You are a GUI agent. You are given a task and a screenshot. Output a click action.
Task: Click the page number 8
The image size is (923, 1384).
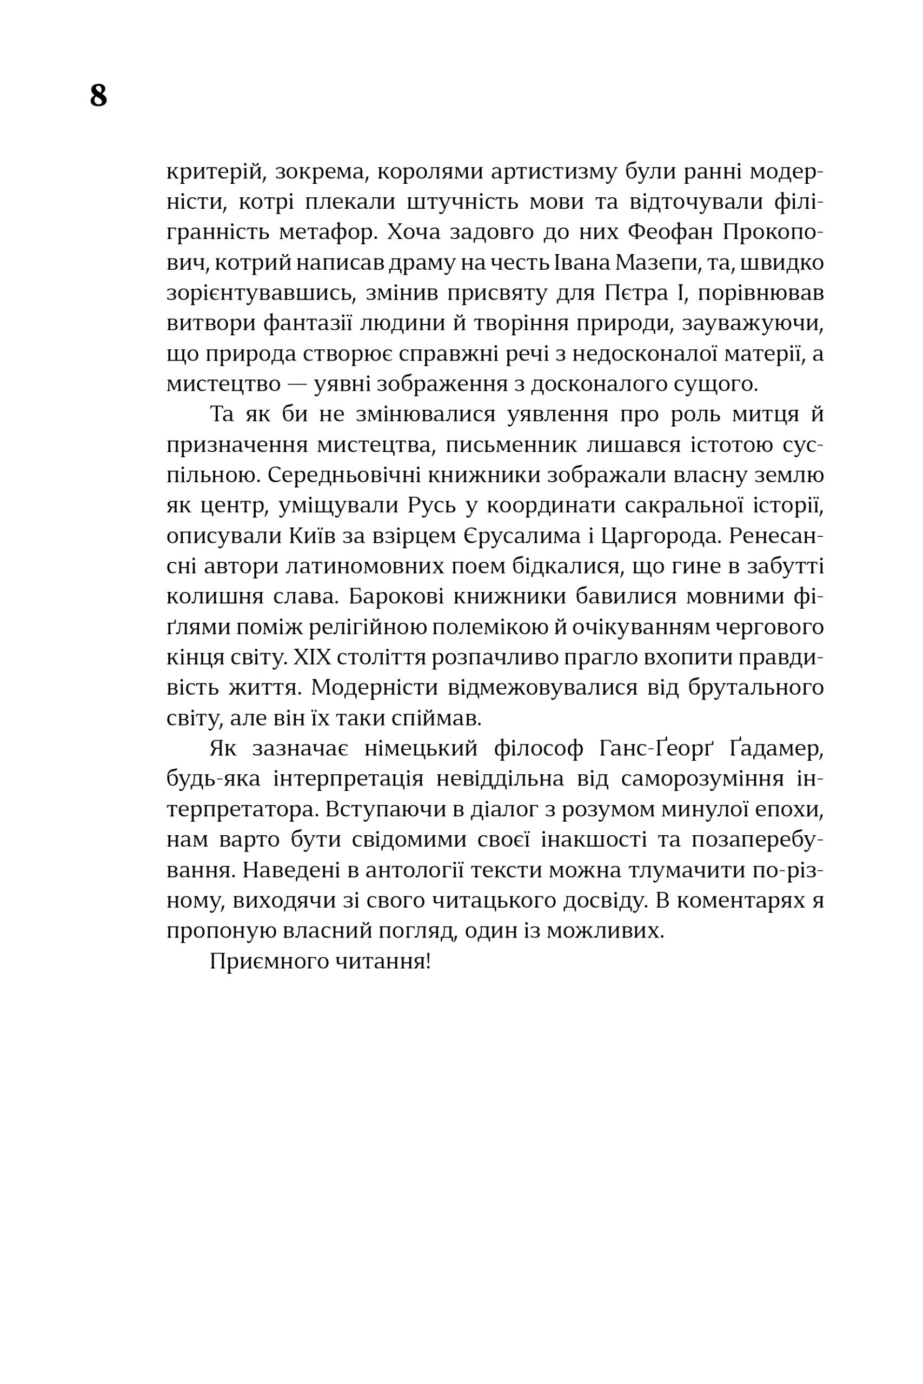[x=98, y=95]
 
